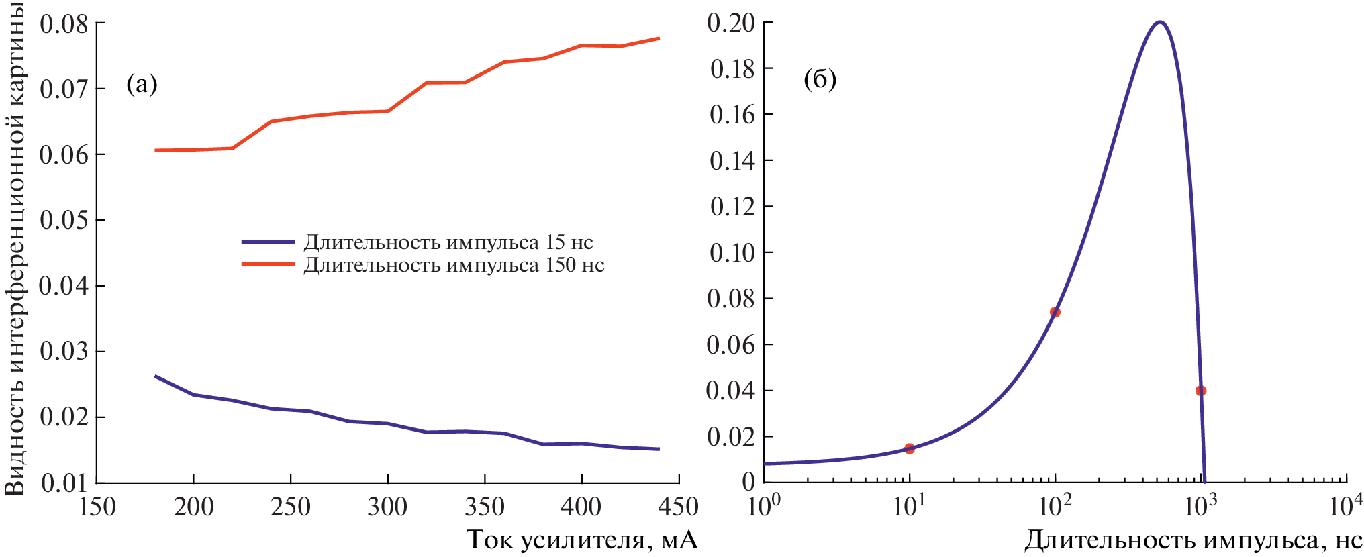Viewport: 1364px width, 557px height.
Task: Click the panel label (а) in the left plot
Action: [142, 85]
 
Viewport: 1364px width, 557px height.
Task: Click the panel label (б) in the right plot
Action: [820, 80]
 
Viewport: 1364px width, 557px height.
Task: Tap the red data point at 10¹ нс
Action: [910, 448]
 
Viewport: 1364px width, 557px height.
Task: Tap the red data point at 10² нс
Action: [1055, 312]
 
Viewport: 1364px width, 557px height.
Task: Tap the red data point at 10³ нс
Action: [1201, 391]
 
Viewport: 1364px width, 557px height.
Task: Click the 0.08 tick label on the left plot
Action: [64, 24]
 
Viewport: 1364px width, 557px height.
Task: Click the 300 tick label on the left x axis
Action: [387, 507]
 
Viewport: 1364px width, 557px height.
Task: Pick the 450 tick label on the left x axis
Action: [678, 507]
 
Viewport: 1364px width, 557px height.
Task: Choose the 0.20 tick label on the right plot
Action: [731, 23]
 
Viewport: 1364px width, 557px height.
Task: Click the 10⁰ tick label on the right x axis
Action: [764, 505]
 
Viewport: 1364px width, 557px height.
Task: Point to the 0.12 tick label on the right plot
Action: [732, 207]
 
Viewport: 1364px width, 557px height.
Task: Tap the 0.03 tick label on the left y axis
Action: [64, 352]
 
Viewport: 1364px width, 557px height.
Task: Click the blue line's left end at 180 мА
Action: [156, 376]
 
